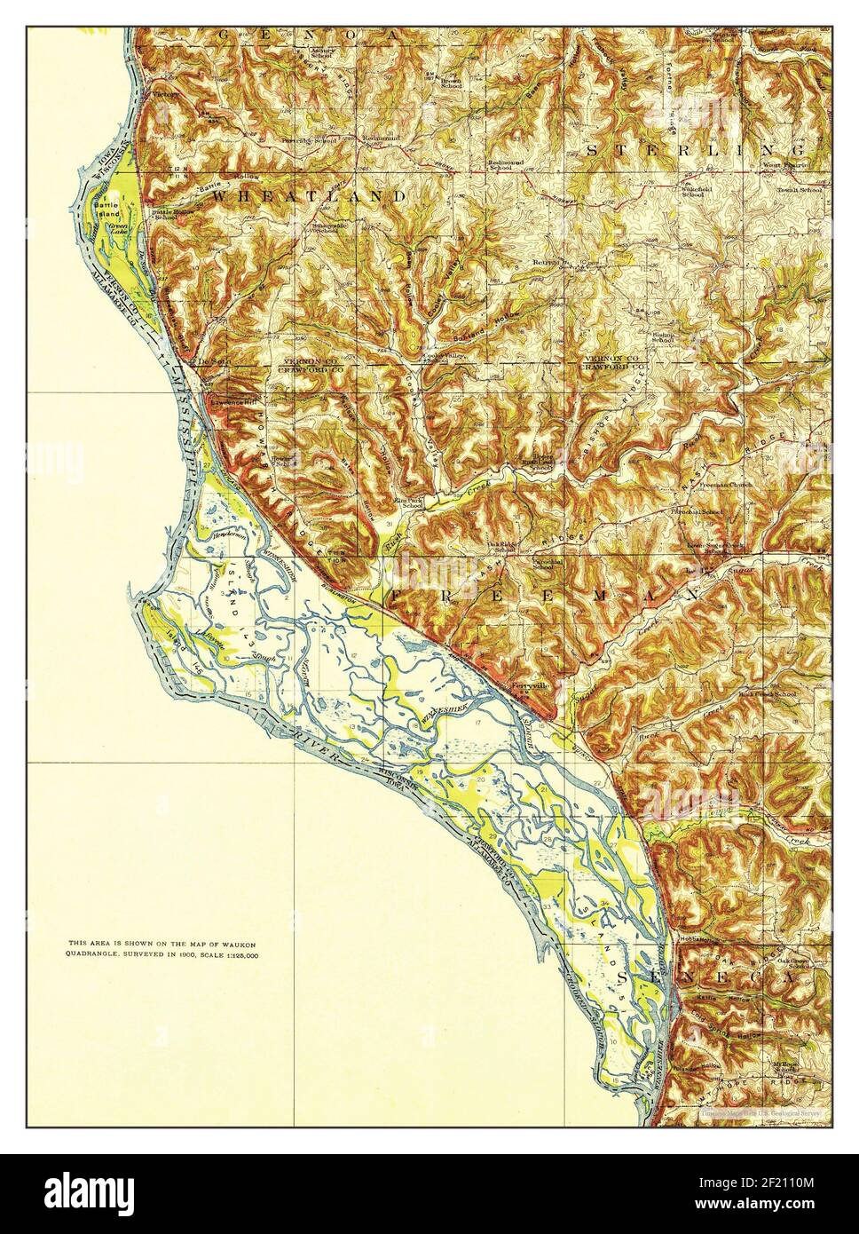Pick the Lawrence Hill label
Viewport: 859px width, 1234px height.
coord(233,402)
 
